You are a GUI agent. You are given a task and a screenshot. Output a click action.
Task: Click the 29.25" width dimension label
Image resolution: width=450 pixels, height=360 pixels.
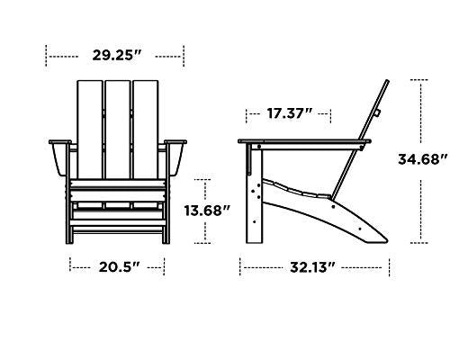117,56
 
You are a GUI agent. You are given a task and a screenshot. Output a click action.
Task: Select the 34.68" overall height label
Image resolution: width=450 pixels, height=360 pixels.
422,160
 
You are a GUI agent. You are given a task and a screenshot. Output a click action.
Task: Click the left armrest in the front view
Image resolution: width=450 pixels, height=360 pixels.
57,142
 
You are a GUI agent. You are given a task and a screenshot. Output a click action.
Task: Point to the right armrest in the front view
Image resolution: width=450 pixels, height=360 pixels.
176,142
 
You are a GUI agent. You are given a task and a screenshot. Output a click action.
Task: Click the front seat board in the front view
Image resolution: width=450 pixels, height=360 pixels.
117,191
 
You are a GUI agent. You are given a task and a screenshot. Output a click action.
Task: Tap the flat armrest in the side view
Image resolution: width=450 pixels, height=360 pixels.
301,142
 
